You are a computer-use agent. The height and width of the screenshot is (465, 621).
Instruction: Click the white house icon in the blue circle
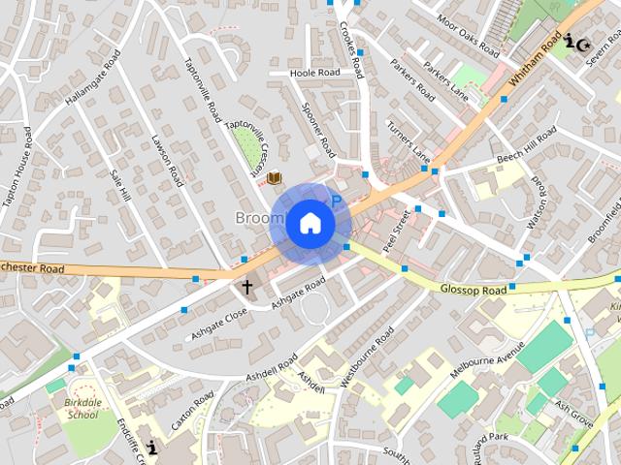pos(310,223)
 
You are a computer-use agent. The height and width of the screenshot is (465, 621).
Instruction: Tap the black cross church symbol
pos(246,287)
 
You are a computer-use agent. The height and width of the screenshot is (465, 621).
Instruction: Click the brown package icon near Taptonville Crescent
pos(275,177)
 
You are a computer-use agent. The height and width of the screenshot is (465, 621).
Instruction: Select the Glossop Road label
pos(473,290)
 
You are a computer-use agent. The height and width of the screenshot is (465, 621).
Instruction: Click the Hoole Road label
pos(316,73)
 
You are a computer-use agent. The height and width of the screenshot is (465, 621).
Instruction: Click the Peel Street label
pos(397,230)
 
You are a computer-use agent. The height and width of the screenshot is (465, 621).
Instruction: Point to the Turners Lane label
pos(409,140)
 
